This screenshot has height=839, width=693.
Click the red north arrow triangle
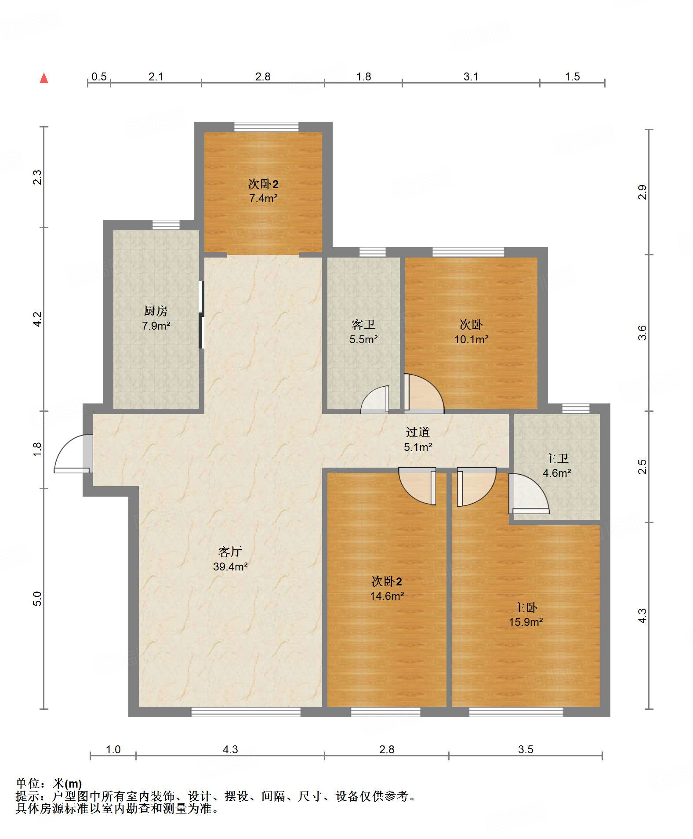tap(44, 78)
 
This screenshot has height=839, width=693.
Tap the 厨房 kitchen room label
tap(156, 311)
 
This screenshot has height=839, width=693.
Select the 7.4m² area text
tap(263, 198)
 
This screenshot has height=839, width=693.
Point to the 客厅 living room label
tap(230, 552)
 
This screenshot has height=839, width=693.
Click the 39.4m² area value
tap(230, 567)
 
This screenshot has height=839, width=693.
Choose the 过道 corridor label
tap(417, 432)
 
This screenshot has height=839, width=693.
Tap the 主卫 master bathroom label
tap(557, 458)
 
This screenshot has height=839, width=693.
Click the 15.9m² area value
tap(526, 622)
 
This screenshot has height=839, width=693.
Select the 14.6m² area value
tap(387, 596)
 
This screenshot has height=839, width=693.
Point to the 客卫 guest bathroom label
tap(363, 324)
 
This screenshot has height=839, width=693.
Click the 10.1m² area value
tap(471, 339)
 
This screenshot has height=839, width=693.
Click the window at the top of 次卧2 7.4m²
tap(266, 127)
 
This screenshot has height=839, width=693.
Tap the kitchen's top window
tap(166, 225)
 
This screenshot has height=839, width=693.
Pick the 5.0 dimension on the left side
tap(37, 599)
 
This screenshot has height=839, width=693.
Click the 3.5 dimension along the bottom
tap(526, 749)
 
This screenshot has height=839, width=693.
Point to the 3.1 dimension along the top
tap(471, 76)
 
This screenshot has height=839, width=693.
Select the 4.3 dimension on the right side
tap(642, 615)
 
